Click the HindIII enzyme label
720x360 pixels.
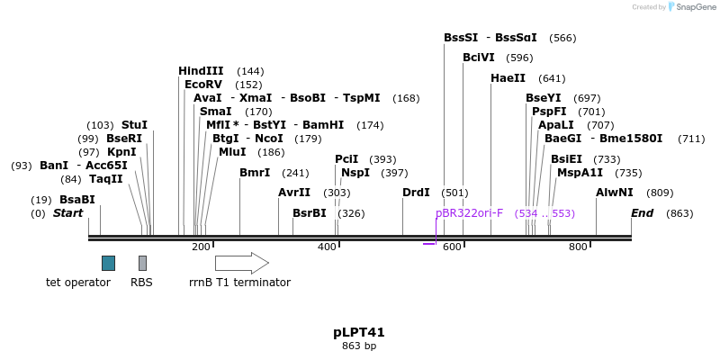[x=201, y=71]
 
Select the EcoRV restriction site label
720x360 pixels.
[x=203, y=85]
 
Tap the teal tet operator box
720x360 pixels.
[x=108, y=263]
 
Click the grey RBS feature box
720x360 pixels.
[x=142, y=263]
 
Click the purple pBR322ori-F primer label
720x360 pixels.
[x=469, y=213]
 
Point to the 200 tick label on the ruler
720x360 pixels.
[x=201, y=247]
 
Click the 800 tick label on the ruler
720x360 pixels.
[x=578, y=247]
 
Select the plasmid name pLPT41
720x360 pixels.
[x=359, y=332]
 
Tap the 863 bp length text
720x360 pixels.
[x=359, y=346]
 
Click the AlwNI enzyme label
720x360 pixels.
[x=615, y=193]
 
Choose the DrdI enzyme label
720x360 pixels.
[x=416, y=193]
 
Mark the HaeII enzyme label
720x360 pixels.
[x=508, y=78]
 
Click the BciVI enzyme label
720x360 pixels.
[x=479, y=58]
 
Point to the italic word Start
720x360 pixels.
[x=67, y=213]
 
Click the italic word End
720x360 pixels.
[x=643, y=213]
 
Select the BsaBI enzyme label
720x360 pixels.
[x=76, y=200]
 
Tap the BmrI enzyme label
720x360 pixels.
[x=255, y=173]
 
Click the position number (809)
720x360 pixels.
[x=660, y=193]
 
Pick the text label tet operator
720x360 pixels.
[x=78, y=283]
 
